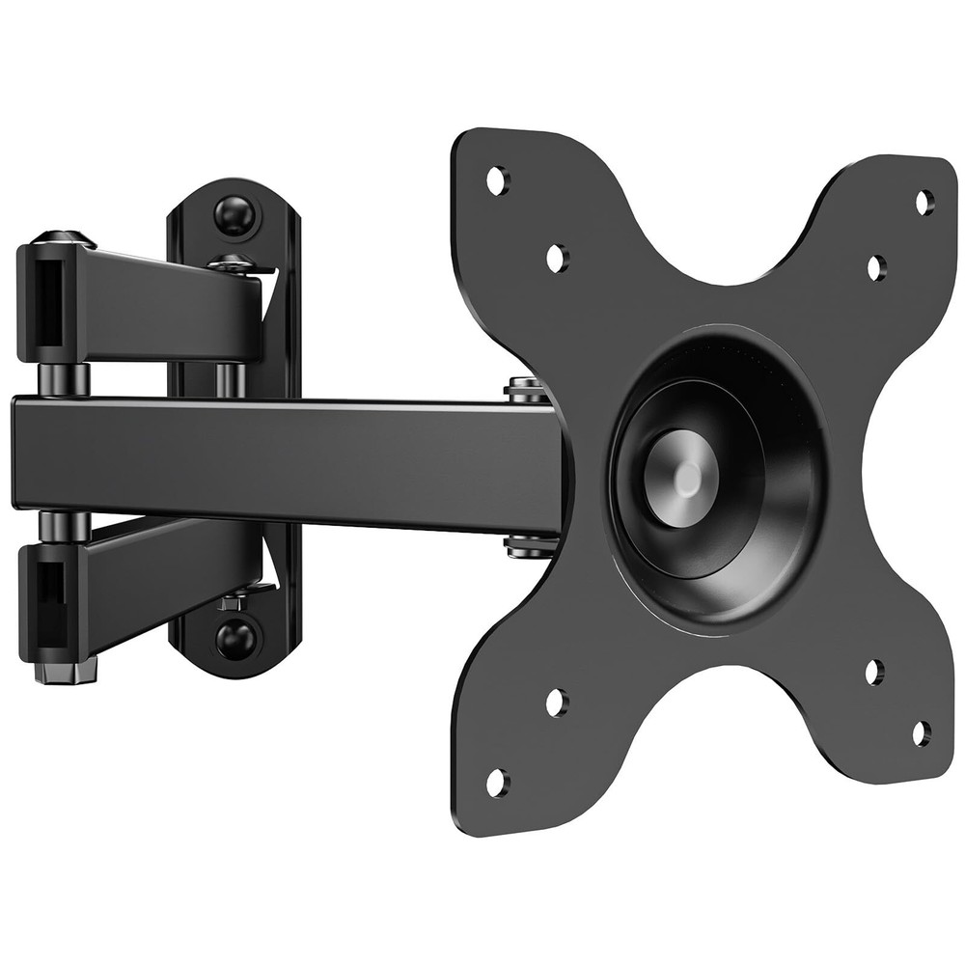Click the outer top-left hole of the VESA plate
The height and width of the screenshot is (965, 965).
point(497,179)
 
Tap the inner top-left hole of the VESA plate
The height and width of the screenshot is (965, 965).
point(557,257)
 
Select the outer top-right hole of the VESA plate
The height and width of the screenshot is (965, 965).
point(924,202)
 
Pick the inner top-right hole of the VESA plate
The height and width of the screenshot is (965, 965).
point(875,267)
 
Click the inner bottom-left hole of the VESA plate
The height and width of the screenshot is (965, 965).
point(557,703)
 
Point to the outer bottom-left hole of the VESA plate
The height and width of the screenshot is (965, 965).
point(497,782)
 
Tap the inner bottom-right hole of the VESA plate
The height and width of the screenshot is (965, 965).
point(874,672)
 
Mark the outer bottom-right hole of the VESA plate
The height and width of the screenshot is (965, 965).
point(922,733)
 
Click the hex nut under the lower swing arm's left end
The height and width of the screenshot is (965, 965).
point(66,667)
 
